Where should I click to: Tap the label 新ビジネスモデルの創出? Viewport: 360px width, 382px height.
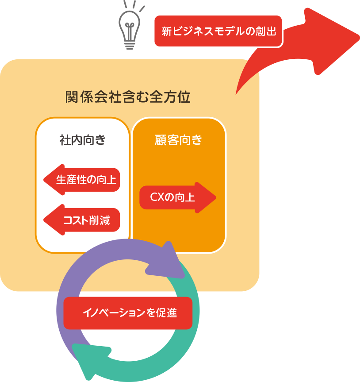pyautogui.click(x=218, y=31)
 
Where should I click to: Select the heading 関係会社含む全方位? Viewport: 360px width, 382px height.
pyautogui.click(x=128, y=97)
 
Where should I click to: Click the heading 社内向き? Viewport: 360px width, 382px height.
pyautogui.click(x=83, y=140)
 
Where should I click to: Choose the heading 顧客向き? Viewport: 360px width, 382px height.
pyautogui.click(x=179, y=140)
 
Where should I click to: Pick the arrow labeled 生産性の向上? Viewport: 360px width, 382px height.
pyautogui.click(x=82, y=180)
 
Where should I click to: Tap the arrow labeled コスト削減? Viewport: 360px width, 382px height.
pyautogui.click(x=82, y=220)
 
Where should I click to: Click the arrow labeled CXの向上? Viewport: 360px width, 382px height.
pyautogui.click(x=177, y=197)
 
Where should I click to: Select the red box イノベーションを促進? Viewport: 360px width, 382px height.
pyautogui.click(x=128, y=313)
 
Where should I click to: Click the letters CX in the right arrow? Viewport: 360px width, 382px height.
pyautogui.click(x=157, y=197)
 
